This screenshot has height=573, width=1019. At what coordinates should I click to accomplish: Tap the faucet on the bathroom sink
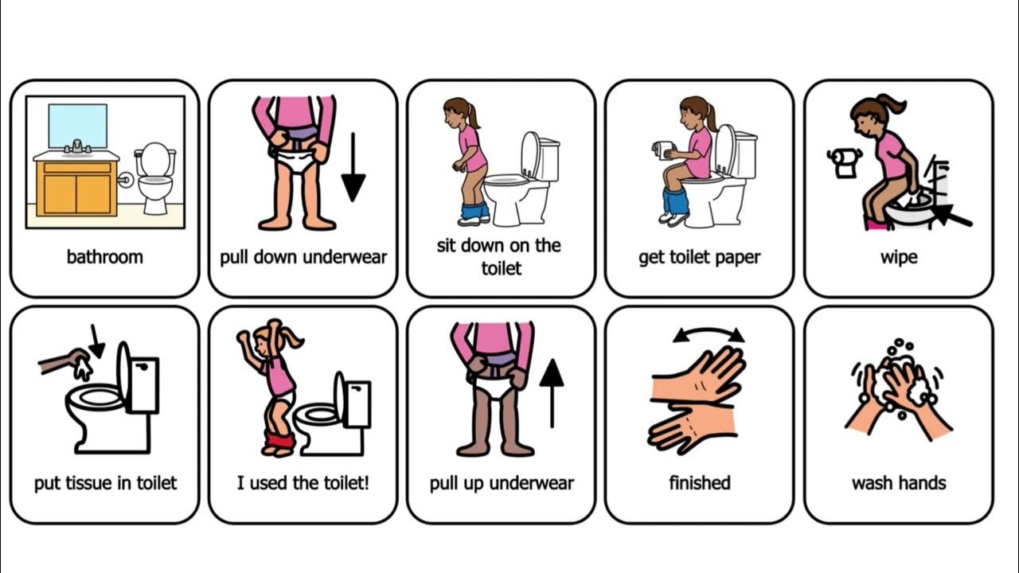click(77, 146)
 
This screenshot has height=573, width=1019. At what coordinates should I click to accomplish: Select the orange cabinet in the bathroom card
click(76, 188)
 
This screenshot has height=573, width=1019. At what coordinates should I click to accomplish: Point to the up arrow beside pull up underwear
click(552, 393)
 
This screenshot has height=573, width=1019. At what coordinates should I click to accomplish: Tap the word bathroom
click(104, 257)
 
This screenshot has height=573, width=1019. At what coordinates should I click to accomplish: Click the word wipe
click(899, 257)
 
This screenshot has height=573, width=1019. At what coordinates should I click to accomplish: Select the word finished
click(700, 483)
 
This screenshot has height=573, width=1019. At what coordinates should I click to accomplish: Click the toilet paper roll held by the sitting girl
click(663, 150)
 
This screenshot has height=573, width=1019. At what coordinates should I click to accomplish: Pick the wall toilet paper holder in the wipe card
click(845, 162)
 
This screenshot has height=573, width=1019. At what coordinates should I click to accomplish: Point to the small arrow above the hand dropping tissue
click(96, 341)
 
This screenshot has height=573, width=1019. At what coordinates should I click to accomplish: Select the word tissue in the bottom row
click(88, 483)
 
